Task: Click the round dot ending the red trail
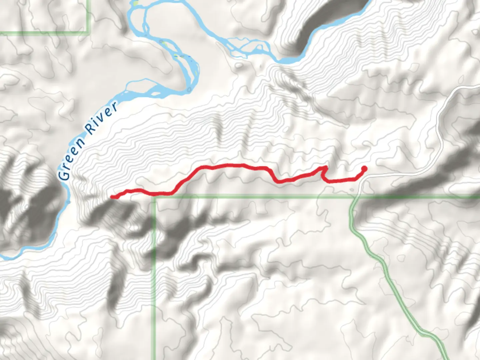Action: click(x=364, y=169)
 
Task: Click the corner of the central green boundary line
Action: click(x=154, y=197)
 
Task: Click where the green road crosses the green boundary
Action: click(x=354, y=197)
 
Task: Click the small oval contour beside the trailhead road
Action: click(x=352, y=190)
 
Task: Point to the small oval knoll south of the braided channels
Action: click(x=239, y=65)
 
